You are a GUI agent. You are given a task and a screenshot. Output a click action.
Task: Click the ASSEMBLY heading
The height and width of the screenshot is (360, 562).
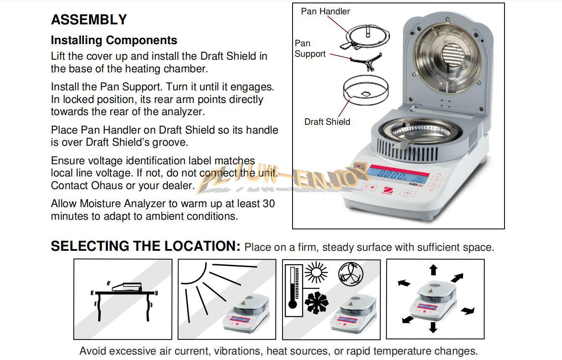[89, 20]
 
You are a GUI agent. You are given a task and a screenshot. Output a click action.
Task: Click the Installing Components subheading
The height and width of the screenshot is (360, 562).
[114, 40]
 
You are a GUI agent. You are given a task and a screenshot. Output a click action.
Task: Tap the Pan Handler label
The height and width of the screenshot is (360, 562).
[325, 11]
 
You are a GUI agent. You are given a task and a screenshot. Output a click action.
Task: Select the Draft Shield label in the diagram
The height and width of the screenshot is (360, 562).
[327, 122]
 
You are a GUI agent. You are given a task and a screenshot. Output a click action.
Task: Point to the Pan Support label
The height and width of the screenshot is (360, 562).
[310, 48]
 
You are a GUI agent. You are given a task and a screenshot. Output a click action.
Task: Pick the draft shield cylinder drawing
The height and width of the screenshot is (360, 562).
[365, 90]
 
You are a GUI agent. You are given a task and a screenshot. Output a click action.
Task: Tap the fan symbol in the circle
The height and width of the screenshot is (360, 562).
[350, 275]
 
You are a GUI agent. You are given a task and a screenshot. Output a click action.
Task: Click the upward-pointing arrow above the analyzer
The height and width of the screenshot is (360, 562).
[433, 270]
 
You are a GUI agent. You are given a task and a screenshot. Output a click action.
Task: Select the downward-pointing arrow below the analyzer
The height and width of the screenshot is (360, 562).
[433, 327]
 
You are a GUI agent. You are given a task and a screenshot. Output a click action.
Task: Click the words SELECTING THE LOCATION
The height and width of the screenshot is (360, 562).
[145, 246]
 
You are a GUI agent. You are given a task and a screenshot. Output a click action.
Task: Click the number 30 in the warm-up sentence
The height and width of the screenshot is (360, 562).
[269, 204]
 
